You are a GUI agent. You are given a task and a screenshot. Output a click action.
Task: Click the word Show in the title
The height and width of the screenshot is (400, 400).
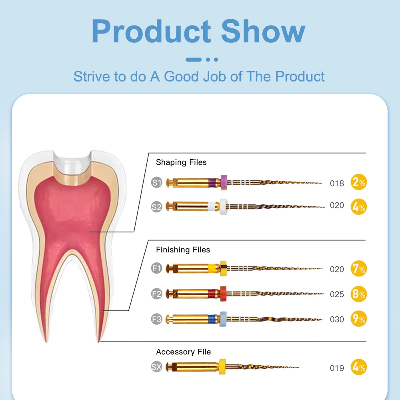pos(263,31)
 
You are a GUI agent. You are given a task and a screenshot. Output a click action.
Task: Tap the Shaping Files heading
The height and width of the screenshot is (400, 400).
pos(181,162)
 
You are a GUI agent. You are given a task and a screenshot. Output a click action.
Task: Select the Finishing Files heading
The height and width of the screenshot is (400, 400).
pos(183,250)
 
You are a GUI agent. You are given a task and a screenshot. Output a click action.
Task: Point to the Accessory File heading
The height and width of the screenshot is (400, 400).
pos(184,352)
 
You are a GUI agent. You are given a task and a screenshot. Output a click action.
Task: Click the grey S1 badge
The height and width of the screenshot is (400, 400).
pos(157,182)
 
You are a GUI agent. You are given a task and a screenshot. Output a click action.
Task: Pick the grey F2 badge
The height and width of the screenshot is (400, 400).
pos(157,294)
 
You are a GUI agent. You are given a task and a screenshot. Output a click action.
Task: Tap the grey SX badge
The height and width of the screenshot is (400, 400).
pos(157,367)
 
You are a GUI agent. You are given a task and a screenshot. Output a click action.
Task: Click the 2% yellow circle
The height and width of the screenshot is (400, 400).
pos(359,182)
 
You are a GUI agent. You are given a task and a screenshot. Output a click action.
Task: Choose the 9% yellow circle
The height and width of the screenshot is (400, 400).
pos(359,319)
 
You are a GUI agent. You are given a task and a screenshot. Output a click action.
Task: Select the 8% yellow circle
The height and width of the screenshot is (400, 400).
pos(359,294)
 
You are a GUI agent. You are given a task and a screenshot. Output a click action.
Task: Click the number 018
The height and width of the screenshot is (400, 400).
pos(337,184)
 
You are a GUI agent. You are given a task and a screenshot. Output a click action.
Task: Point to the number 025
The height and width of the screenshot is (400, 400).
pos(337,294)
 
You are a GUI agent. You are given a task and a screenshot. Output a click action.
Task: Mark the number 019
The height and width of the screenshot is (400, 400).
pos(337,368)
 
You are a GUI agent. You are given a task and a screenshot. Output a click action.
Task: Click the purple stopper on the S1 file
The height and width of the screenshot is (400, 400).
pos(224,182)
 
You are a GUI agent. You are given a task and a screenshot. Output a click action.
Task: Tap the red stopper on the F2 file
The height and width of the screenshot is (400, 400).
pos(223,294)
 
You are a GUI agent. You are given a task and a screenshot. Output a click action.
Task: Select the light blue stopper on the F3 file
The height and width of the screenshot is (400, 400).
pos(223,319)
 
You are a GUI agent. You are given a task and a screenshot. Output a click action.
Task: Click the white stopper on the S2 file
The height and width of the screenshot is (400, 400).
pos(224,207)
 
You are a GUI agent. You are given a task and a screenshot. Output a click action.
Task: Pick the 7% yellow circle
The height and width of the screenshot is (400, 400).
pos(359,269)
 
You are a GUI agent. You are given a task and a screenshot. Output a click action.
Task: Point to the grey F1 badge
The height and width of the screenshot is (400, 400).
pos(157,268)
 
